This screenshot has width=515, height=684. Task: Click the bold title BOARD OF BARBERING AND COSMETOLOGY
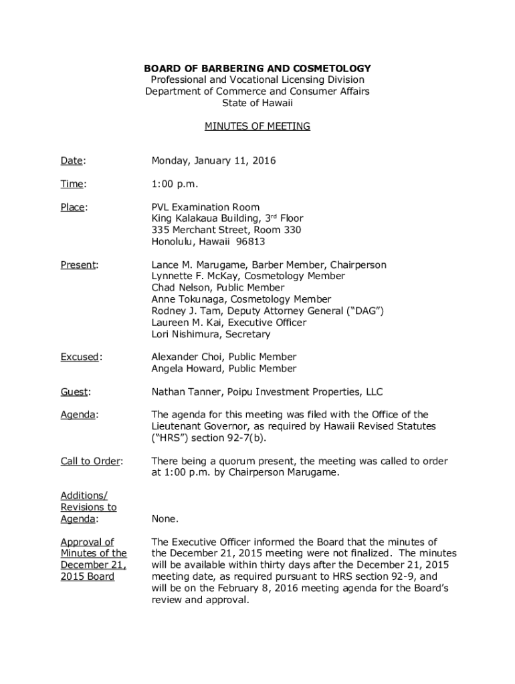257,69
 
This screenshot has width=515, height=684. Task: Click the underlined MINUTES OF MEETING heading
257,126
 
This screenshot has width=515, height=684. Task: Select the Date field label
73,161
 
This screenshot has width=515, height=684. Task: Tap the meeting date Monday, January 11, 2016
213,161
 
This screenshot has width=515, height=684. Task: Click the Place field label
73,207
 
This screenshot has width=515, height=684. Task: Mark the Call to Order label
92,461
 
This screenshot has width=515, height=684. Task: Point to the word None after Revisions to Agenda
165,519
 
